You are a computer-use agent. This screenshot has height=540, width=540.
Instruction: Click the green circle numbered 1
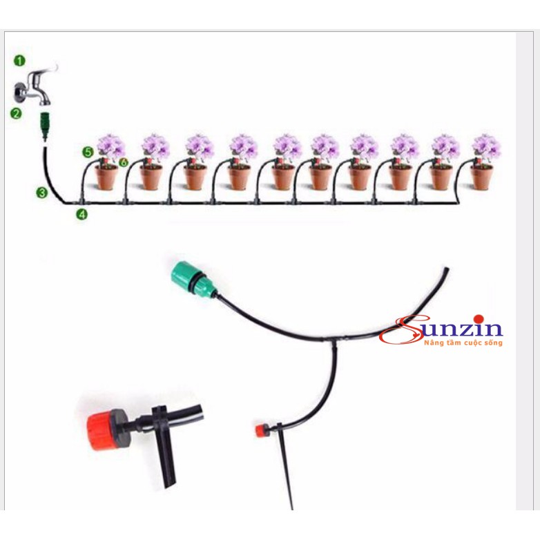tap(19, 61)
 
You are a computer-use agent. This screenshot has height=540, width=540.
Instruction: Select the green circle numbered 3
tap(42, 193)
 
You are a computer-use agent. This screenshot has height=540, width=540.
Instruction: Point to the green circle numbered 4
tap(82, 214)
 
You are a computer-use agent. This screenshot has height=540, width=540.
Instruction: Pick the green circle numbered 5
tap(87, 151)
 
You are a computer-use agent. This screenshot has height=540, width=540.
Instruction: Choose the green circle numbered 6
tap(124, 162)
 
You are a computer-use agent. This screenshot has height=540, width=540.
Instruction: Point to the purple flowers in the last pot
tap(486, 147)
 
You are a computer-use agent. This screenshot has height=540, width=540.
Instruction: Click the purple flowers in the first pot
tap(110, 147)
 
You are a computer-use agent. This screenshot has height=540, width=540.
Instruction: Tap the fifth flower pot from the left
tap(283, 176)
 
